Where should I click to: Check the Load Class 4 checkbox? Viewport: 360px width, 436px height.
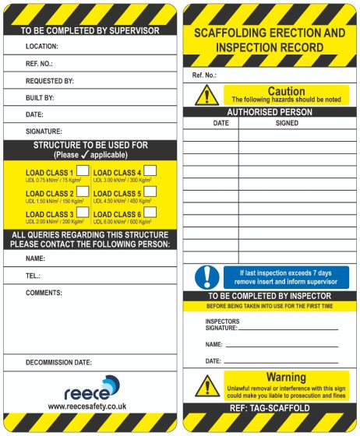150,171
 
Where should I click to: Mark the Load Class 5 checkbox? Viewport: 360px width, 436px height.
150,192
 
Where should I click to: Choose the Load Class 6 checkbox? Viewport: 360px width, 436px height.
150,212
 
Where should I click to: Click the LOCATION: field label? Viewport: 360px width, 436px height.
42,47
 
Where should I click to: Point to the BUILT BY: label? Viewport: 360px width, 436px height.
40,98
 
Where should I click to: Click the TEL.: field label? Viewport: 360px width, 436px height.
33,276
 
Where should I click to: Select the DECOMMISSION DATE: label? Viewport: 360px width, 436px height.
58,363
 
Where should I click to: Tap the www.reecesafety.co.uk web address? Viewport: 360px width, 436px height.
87,406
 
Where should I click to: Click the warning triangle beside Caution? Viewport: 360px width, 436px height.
206,95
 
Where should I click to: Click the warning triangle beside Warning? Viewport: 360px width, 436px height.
206,385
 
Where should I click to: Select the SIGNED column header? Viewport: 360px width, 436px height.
287,123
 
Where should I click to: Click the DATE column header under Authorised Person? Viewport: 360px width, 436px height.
221,123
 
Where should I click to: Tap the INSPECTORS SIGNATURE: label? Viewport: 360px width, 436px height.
222,325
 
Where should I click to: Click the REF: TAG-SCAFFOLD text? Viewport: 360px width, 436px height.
270,408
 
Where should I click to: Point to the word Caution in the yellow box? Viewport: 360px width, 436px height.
286,91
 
